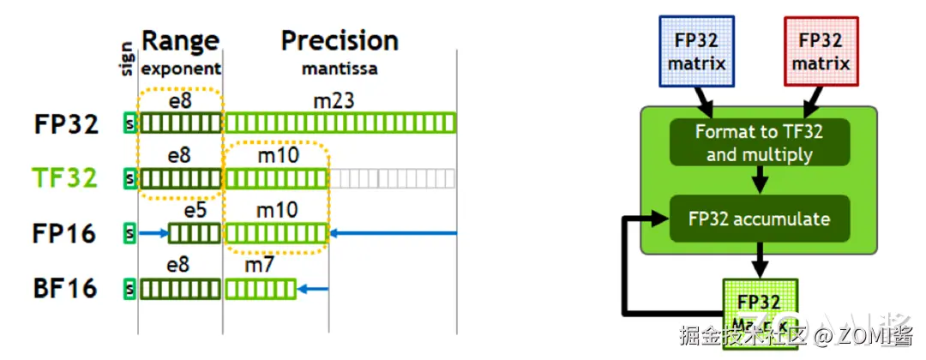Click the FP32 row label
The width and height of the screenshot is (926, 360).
[x=67, y=123]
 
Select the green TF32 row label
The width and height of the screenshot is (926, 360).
[x=67, y=177]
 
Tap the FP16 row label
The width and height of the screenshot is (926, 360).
[x=65, y=233]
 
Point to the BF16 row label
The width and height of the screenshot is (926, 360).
[x=65, y=288]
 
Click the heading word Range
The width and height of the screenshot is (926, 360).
[x=180, y=40]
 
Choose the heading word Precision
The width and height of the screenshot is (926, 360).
[x=340, y=40]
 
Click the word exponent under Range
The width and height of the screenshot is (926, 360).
[x=181, y=69]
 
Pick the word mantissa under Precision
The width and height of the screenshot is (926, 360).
[x=340, y=69]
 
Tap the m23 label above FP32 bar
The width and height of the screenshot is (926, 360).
[x=334, y=102]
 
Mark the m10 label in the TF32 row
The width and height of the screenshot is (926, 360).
[x=275, y=156]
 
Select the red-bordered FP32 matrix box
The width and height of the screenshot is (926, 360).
[x=821, y=51]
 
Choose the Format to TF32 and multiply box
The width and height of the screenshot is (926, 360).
[x=759, y=142]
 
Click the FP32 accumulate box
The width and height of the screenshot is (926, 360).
[x=759, y=219]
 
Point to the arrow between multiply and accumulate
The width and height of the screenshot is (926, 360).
[x=759, y=181]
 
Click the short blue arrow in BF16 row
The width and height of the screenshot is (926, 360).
[x=315, y=289]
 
